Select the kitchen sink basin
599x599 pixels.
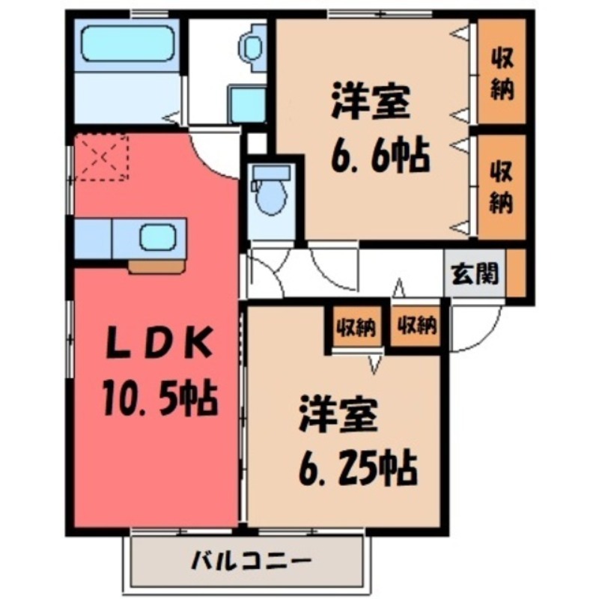pos(157,237)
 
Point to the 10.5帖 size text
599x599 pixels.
pos(158,397)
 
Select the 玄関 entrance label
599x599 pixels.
pos(475,275)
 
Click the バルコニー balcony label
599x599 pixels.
pos(250,560)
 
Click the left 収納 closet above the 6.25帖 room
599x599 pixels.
pos(356,326)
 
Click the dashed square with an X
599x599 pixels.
pos(104,157)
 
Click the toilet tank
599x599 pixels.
pos(270,173)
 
